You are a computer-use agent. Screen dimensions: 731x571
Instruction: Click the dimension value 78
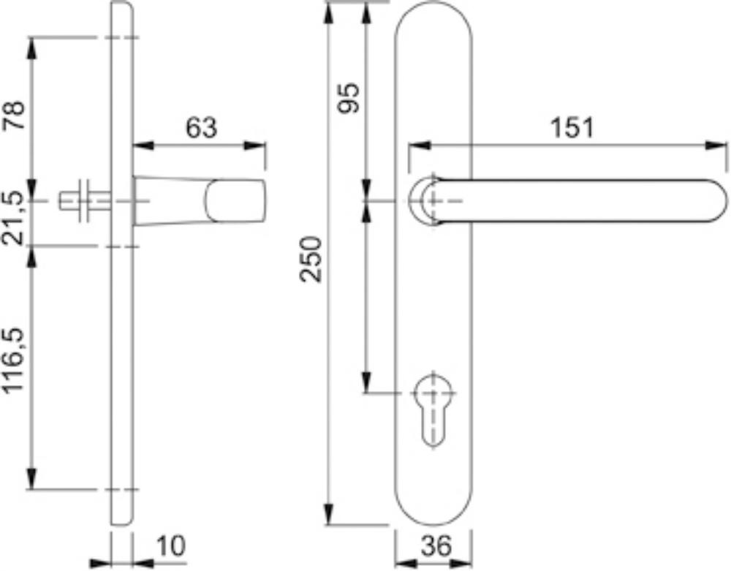pyautogui.click(x=15, y=115)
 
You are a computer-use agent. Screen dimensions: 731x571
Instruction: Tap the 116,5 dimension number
pyautogui.click(x=15, y=360)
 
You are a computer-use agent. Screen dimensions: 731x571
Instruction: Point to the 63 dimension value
pyautogui.click(x=202, y=127)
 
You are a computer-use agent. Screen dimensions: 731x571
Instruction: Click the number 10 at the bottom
pyautogui.click(x=170, y=546)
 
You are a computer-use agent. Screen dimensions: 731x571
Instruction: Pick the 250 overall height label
pyautogui.click(x=311, y=259)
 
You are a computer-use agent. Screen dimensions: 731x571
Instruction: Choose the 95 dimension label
pyautogui.click(x=349, y=98)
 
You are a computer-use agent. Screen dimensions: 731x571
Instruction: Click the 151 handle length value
pyautogui.click(x=572, y=127)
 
